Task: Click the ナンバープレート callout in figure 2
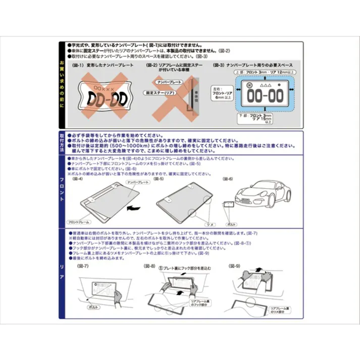point(169,81)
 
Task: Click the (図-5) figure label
point(160,178)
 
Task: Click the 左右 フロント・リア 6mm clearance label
point(218,93)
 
